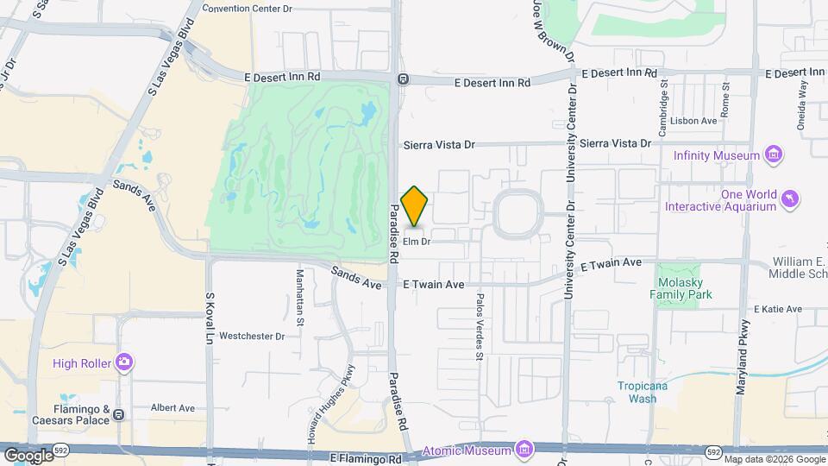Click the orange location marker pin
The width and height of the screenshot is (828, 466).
click(x=415, y=206)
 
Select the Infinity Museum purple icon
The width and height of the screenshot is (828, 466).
click(x=774, y=155)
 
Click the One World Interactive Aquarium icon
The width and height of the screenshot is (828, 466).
click(x=789, y=200)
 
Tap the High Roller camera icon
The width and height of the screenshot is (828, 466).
click(x=126, y=363)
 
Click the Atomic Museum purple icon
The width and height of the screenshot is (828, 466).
click(x=524, y=450)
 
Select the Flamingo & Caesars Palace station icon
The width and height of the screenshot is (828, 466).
click(x=118, y=414)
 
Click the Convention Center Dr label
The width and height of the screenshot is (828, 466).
click(x=248, y=9)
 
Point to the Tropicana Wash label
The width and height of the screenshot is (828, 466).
click(x=643, y=392)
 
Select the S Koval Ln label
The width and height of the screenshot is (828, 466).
click(x=209, y=319)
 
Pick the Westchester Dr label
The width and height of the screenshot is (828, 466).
click(x=252, y=336)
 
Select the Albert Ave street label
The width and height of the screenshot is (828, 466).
click(x=173, y=407)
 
